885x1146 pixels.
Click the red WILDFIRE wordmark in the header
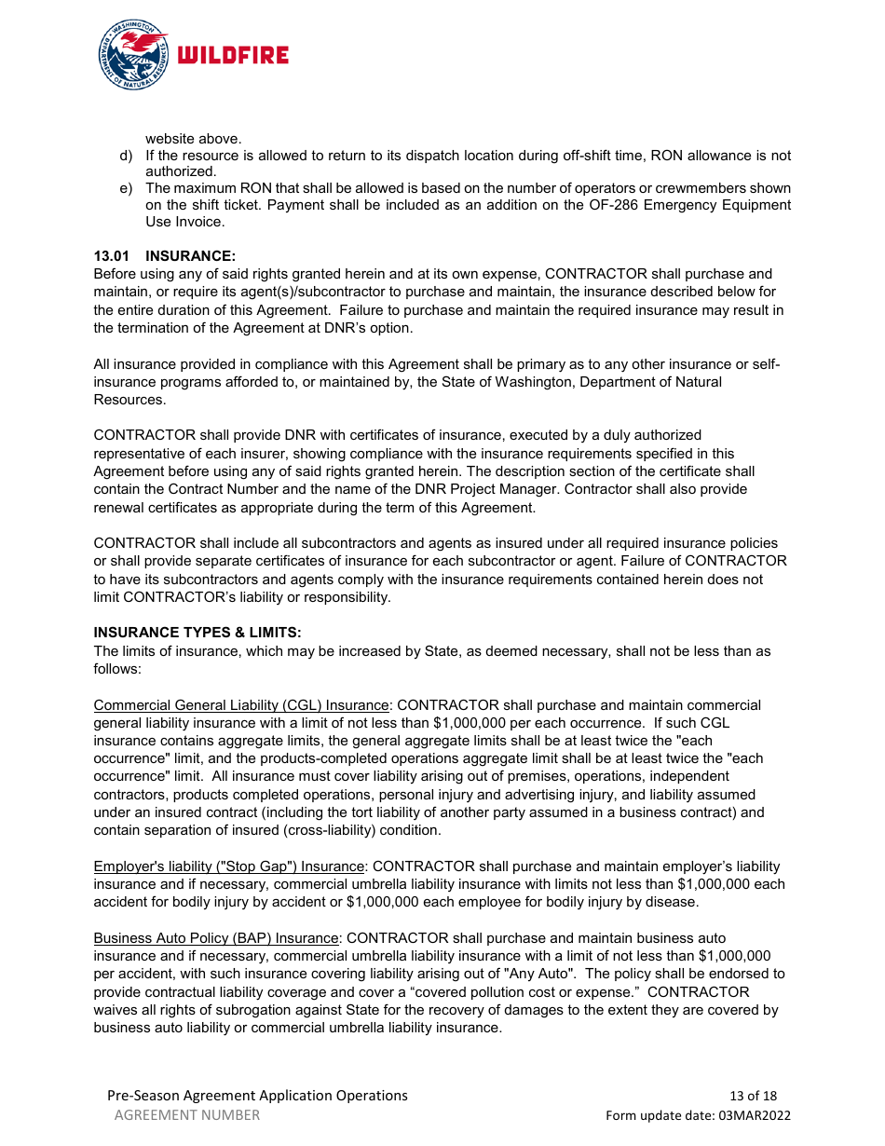point(233,55)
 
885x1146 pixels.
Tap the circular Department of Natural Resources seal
point(133,55)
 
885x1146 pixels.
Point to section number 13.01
point(110,255)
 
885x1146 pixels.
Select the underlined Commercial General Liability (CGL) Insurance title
point(241,705)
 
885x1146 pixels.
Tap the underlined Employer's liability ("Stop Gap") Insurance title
point(229,866)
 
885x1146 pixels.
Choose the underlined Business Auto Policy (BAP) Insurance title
point(216,938)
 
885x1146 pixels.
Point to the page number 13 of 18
point(753,1096)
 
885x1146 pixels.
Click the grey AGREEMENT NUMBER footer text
point(187,1115)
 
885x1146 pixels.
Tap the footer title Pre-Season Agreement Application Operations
point(257,1096)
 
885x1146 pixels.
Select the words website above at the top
point(193,139)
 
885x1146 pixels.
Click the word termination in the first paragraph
point(153,328)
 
